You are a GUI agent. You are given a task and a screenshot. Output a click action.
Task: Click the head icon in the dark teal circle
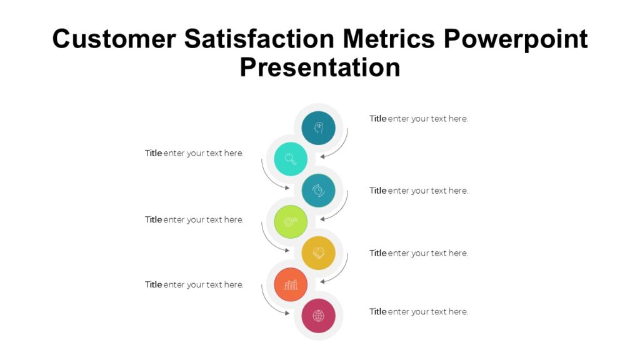click(319, 127)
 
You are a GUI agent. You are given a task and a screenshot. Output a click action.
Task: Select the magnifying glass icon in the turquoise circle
click(291, 159)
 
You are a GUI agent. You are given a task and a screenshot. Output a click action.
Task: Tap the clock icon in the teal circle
click(319, 190)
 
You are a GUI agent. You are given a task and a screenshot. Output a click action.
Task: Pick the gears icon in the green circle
click(291, 221)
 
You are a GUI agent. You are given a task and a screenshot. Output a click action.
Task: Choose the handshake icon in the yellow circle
click(319, 252)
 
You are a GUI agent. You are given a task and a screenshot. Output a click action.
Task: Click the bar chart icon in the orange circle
click(291, 284)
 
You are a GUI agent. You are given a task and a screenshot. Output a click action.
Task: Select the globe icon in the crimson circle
click(319, 316)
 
